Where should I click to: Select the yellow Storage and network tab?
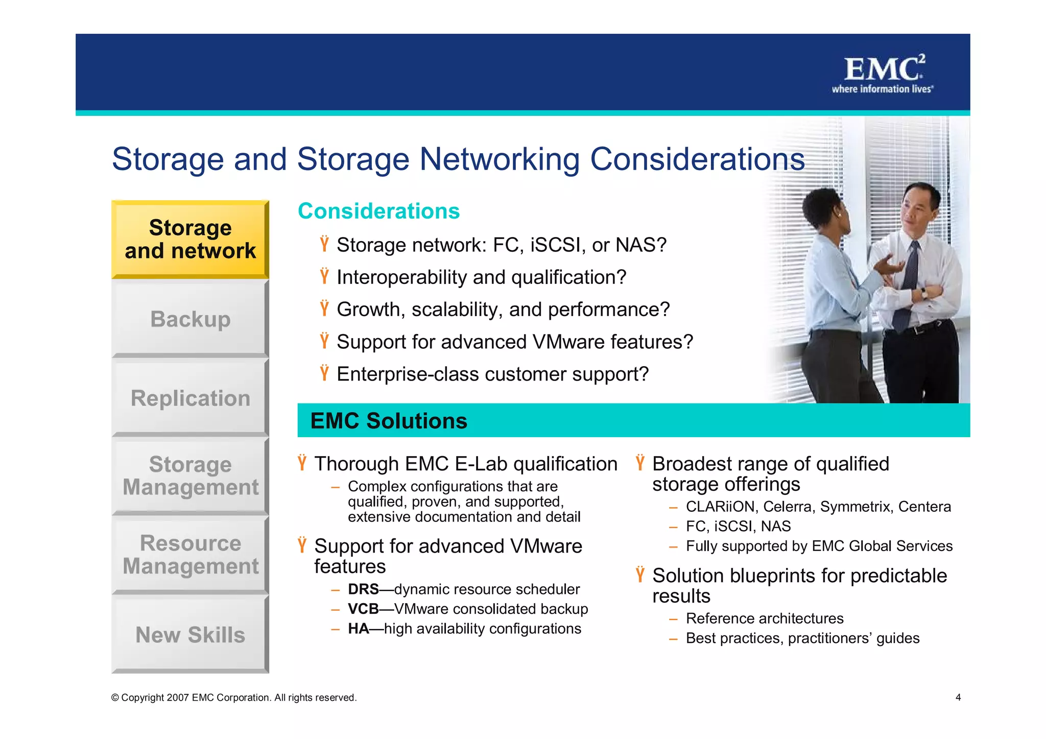coord(190,239)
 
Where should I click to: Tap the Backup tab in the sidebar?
coord(190,319)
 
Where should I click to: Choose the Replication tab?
coord(190,398)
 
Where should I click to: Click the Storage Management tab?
coord(190,475)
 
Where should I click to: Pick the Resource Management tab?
coord(190,554)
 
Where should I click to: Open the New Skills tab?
coord(190,634)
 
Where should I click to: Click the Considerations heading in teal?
coord(378,211)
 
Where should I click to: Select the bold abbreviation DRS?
coord(363,589)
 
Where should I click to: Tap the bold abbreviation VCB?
coord(363,609)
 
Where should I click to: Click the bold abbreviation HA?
coord(358,629)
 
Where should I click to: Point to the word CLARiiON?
coord(720,507)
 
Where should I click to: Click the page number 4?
coord(958,697)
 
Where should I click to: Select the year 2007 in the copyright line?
coord(177,698)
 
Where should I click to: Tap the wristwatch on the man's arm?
coord(924,293)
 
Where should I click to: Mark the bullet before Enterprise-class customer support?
coord(324,373)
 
